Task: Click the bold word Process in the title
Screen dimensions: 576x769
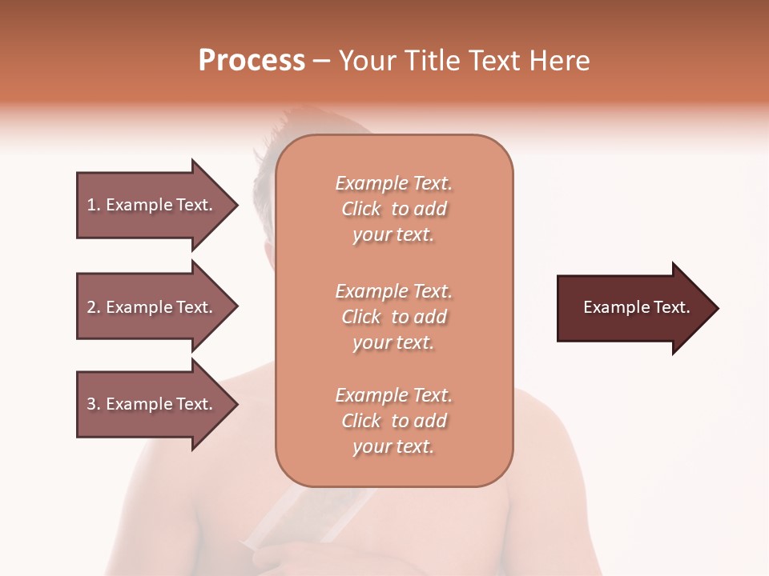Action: click(x=252, y=61)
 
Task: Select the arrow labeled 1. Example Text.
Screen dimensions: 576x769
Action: click(x=152, y=205)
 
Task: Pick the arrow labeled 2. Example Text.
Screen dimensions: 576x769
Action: click(x=152, y=307)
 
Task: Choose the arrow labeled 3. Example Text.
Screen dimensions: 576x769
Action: click(x=152, y=404)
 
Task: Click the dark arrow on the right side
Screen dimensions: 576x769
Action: click(x=633, y=308)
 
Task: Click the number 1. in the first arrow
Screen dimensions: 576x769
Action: click(x=93, y=205)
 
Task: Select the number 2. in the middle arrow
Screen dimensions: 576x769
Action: click(x=93, y=307)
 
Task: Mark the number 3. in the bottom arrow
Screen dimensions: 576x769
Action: click(x=93, y=404)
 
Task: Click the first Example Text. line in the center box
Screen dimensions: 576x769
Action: click(x=393, y=183)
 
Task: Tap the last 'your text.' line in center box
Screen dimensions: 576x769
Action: click(x=393, y=446)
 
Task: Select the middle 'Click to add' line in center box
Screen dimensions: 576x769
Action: click(x=393, y=317)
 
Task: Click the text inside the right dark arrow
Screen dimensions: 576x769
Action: click(x=636, y=307)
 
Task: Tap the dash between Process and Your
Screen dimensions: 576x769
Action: click(x=321, y=62)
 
